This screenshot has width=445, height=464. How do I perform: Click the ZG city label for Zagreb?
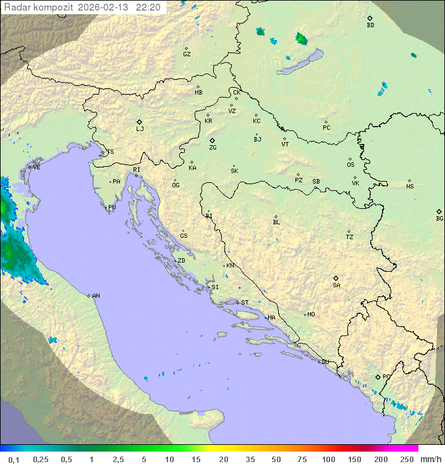[x=213, y=148]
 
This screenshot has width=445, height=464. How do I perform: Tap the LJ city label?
[x=140, y=129]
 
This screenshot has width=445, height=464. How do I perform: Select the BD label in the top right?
[x=370, y=25]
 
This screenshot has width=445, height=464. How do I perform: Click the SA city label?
[x=336, y=285]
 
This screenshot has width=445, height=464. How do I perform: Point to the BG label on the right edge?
[x=439, y=218]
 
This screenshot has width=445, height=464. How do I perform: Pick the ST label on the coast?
[x=245, y=303]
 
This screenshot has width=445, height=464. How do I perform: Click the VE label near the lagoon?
[x=36, y=167]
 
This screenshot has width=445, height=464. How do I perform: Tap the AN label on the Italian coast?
[x=96, y=296]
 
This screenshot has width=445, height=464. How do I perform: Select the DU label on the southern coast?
[x=324, y=362]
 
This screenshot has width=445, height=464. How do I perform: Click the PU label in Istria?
[x=112, y=208]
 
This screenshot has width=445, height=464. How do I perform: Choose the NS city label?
[x=410, y=187]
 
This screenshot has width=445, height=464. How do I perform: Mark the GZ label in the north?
[x=187, y=54]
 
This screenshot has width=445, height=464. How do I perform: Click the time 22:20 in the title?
[x=148, y=7]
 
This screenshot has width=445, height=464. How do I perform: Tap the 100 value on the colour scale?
[x=328, y=459]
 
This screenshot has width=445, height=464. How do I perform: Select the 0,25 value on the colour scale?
[x=41, y=459]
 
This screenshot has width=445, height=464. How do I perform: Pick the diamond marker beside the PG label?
[x=378, y=377]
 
